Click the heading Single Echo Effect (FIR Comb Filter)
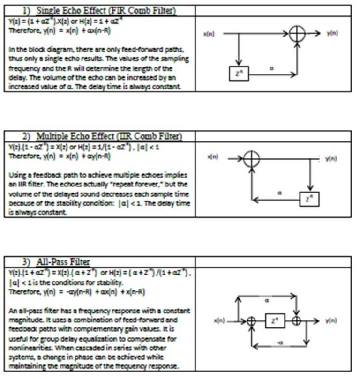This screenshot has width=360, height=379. pos(98,10)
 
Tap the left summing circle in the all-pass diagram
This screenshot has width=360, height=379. pos(251,321)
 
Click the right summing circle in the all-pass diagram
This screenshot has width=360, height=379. pos(296,321)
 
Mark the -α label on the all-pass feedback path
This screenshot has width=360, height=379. pos(278,343)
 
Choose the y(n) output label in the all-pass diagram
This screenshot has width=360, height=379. pos(330,321)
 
